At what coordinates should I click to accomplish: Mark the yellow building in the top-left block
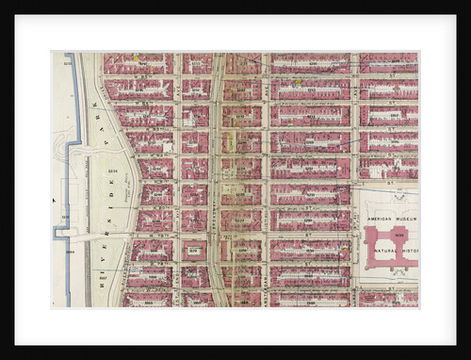137,58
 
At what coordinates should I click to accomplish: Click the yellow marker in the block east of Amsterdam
298,82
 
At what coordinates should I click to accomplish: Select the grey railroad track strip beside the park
89,188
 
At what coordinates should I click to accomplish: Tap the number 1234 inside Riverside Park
112,170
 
